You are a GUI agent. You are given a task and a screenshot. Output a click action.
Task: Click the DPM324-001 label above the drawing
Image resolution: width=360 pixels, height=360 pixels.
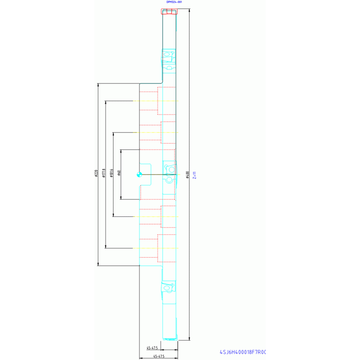(174, 2)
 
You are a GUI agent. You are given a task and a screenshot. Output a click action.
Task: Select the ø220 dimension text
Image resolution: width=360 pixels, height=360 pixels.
(96, 174)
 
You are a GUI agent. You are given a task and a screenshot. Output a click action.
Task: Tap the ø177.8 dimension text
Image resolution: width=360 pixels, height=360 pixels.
(103, 174)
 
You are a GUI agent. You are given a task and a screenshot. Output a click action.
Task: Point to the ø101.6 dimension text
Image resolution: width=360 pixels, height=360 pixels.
(111, 174)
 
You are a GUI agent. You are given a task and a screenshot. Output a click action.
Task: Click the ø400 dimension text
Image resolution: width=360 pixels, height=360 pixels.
(187, 174)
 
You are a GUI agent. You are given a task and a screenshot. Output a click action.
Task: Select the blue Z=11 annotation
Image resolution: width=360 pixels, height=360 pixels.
(194, 175)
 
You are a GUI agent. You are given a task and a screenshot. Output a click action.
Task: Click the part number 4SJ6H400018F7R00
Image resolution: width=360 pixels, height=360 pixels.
(243, 352)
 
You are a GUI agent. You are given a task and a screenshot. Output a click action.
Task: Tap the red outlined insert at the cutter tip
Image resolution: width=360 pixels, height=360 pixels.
(169, 11)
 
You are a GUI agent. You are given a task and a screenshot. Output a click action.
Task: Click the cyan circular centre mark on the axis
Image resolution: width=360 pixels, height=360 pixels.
(139, 175)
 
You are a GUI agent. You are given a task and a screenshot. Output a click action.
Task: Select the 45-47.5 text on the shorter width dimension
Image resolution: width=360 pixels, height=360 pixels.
(152, 348)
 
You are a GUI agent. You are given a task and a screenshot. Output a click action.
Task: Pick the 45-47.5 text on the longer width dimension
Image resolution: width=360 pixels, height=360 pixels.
(158, 357)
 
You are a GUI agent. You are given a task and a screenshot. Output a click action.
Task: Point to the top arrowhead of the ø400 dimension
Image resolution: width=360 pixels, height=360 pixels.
(189, 10)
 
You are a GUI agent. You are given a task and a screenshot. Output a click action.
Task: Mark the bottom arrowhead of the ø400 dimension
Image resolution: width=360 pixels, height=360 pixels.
(189, 338)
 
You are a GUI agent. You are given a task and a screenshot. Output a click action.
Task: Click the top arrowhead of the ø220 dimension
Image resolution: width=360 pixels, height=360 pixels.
(98, 85)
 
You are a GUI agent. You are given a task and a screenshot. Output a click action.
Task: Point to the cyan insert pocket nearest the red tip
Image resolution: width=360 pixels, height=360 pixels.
(169, 56)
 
